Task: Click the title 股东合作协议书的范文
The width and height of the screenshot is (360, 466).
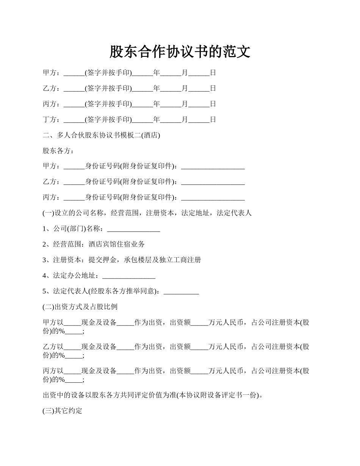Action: click(180, 52)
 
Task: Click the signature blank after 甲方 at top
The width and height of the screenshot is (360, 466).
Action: click(74, 73)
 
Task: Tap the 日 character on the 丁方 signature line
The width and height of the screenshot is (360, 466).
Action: click(213, 120)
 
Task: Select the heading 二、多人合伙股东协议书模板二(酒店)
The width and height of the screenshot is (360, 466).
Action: click(101, 135)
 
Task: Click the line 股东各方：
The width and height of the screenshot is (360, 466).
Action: click(58, 151)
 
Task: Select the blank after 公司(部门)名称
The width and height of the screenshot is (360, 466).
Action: click(134, 229)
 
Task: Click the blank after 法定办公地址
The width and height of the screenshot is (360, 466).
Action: click(129, 276)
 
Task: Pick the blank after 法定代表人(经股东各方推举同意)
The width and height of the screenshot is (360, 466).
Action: click(181, 291)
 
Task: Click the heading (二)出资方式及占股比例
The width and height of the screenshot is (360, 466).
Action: click(83, 306)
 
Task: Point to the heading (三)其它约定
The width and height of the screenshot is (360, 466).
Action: click(63, 411)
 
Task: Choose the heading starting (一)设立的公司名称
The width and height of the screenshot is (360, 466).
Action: click(147, 213)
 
